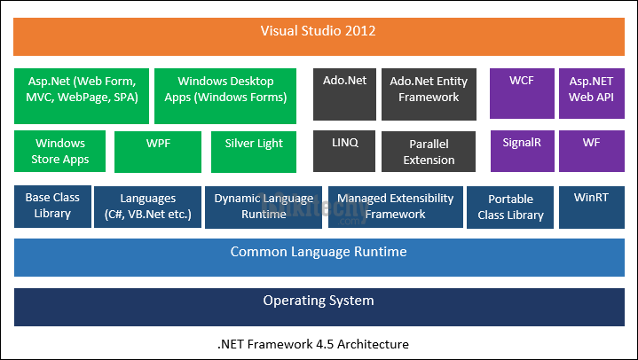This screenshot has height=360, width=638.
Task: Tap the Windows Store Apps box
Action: pos(59,152)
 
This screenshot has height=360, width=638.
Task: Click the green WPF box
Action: pos(158,152)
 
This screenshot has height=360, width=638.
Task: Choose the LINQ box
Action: pos(343,152)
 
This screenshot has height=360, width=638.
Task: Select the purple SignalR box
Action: pos(521,152)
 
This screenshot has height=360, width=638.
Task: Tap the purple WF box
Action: pos(590,152)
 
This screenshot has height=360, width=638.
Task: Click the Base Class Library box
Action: pos(52,206)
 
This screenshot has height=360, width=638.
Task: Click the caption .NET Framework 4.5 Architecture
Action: pos(319,343)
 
